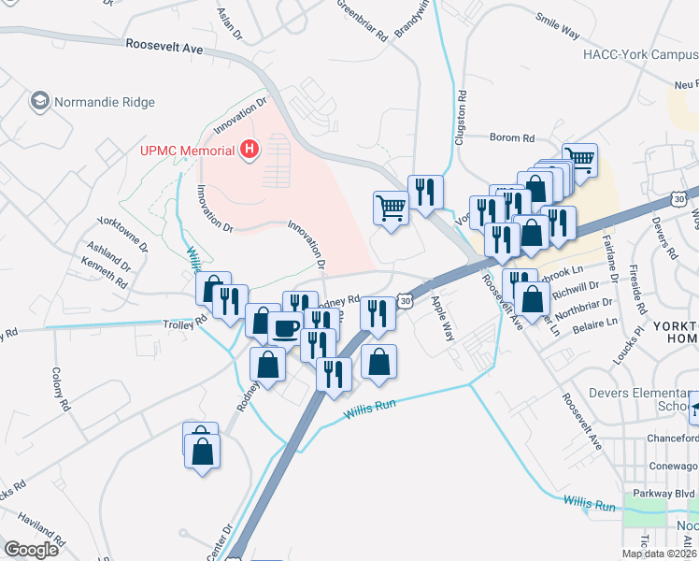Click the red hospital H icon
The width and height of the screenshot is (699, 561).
coord(249,149)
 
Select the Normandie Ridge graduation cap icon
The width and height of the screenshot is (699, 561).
coord(40,99)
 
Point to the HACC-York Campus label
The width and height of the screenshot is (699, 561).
coord(639,54)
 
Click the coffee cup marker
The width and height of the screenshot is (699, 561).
coord(285,328)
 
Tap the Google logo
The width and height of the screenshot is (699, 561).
coord(31,549)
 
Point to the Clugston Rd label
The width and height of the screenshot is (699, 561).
coord(460,116)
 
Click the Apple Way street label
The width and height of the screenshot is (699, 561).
coord(441,318)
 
